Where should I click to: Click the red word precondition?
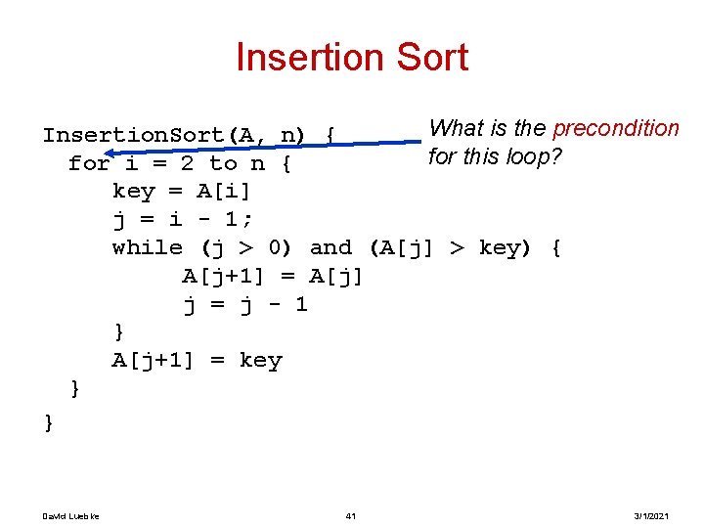pyautogui.click(x=615, y=129)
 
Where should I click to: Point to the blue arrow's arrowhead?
pyautogui.click(x=110, y=153)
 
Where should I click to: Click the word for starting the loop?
pyautogui.click(x=89, y=163)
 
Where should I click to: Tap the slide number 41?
pyautogui.click(x=350, y=515)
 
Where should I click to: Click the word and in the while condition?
pyautogui.click(x=330, y=248)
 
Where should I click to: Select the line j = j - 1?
pyautogui.click(x=245, y=304)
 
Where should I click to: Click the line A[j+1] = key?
pyautogui.click(x=197, y=361)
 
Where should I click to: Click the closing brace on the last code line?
pyautogui.click(x=48, y=422)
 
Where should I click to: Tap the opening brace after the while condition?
pyautogui.click(x=555, y=248)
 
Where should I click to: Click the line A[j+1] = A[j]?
pyautogui.click(x=273, y=277)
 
